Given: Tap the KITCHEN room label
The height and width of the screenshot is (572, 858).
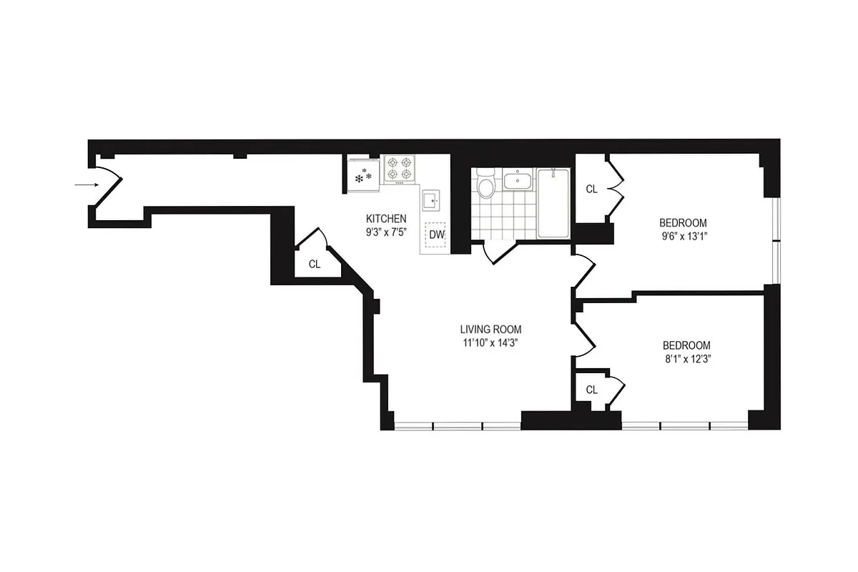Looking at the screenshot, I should pyautogui.click(x=386, y=219).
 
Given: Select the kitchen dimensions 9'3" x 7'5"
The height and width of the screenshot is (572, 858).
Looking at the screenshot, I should pyautogui.click(x=386, y=232).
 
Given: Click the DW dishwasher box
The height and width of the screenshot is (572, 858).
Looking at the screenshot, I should pyautogui.click(x=436, y=235).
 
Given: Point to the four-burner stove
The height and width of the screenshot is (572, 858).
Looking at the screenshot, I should pyautogui.click(x=399, y=169).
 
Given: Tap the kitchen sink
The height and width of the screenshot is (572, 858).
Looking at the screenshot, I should pyautogui.click(x=432, y=201).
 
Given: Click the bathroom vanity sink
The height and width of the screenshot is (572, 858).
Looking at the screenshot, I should pyautogui.click(x=516, y=180).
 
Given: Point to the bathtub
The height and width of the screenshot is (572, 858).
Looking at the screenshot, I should pyautogui.click(x=553, y=203).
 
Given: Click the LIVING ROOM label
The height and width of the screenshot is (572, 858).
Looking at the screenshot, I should pyautogui.click(x=490, y=330).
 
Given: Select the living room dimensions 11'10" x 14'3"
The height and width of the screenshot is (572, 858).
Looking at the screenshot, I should pyautogui.click(x=490, y=342).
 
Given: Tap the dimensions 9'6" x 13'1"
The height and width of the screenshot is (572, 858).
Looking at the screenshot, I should pyautogui.click(x=683, y=235).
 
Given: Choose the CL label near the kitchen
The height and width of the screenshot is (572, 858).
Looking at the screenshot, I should pyautogui.click(x=315, y=264).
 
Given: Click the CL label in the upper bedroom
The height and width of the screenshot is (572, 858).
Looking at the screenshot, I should pyautogui.click(x=591, y=189).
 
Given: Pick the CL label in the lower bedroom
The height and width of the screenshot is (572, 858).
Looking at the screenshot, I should pyautogui.click(x=591, y=390).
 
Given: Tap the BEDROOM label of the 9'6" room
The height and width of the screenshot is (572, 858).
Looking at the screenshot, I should pyautogui.click(x=683, y=222).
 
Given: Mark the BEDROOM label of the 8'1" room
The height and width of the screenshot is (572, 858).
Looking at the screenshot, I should pyautogui.click(x=686, y=345).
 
